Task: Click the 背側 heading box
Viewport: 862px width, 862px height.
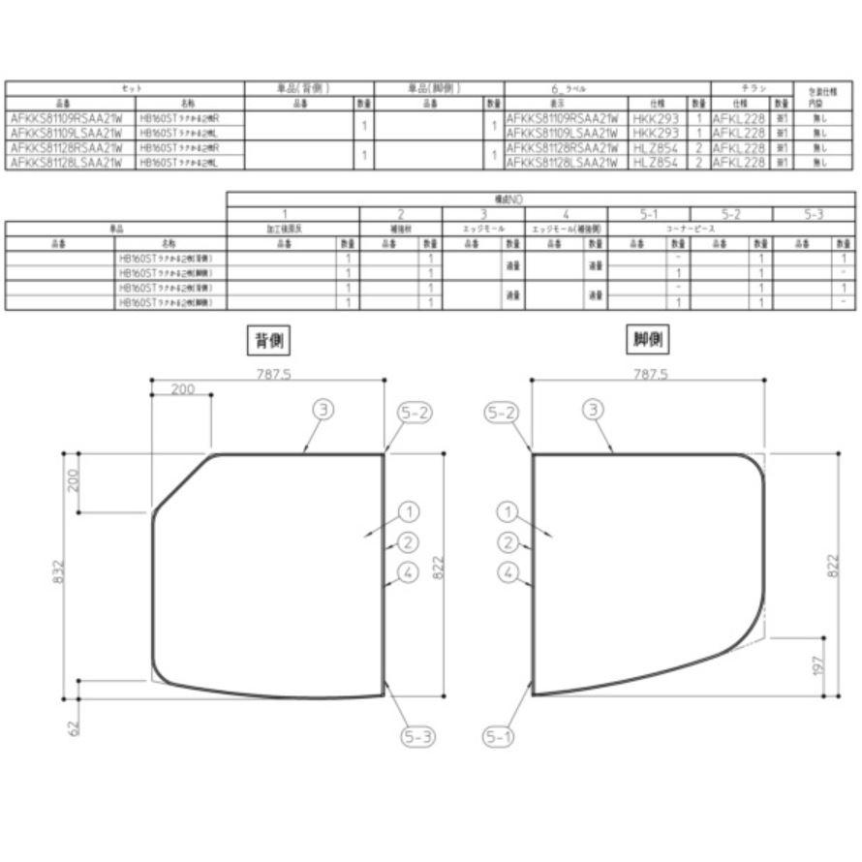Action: [269, 340]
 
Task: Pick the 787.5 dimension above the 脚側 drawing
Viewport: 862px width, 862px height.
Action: [649, 374]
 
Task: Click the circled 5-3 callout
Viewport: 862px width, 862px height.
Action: [417, 737]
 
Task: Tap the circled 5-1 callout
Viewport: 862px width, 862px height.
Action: [499, 737]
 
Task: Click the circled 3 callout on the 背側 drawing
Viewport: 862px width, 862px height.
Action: [323, 410]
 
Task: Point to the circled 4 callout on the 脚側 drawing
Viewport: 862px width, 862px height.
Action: [508, 572]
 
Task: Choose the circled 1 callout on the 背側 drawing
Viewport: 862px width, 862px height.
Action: [408, 511]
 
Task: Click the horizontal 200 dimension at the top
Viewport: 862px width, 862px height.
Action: [182, 389]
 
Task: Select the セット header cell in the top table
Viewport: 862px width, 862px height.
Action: [124, 88]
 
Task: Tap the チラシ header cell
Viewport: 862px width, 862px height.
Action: [752, 88]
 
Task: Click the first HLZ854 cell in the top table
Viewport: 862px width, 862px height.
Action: [654, 148]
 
